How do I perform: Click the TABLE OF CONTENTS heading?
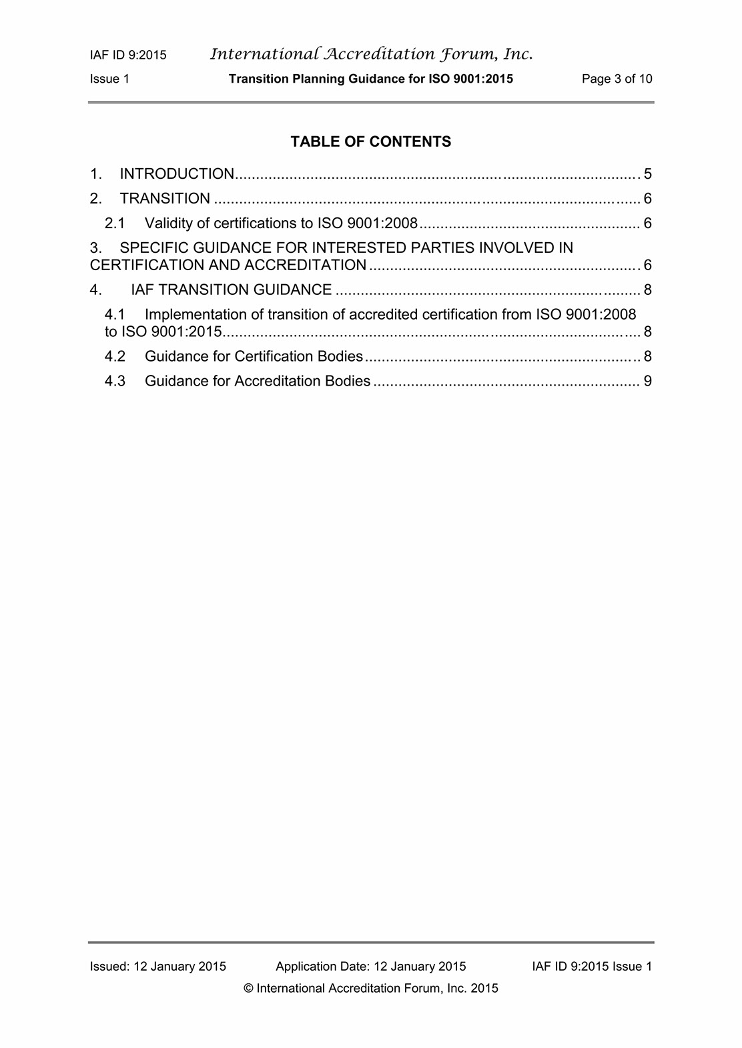click(x=370, y=141)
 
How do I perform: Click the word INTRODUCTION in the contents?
click(x=177, y=174)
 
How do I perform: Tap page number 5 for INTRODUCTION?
click(x=647, y=174)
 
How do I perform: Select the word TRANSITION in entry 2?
click(x=165, y=199)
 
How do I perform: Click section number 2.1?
click(x=115, y=223)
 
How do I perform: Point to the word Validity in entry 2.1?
click(x=168, y=223)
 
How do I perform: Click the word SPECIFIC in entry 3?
click(x=154, y=247)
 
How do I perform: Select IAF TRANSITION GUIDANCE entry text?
click(x=231, y=290)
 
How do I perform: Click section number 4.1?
click(x=115, y=314)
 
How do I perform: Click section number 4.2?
click(x=115, y=356)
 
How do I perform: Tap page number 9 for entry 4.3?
click(x=647, y=381)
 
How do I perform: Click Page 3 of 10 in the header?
click(x=617, y=79)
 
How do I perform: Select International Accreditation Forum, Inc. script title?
click(x=371, y=54)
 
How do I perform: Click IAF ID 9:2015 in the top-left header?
click(x=128, y=55)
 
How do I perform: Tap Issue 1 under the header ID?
click(x=109, y=79)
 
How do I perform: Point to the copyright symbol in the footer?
click(x=249, y=989)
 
